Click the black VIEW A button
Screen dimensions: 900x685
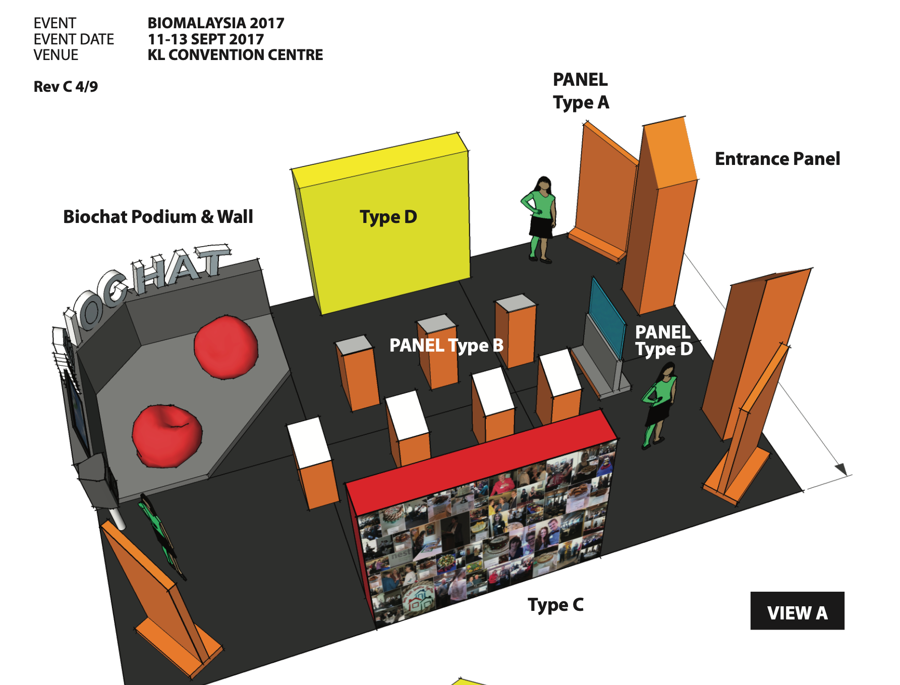[797, 611]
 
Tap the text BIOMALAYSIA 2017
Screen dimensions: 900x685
[216, 23]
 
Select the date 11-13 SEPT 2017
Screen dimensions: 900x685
[206, 39]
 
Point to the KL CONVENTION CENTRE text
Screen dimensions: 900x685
[235, 55]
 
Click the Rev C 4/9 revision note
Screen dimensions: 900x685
[66, 87]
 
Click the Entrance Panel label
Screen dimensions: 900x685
[777, 159]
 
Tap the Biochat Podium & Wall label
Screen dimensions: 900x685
[158, 217]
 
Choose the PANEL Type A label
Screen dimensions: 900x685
[581, 91]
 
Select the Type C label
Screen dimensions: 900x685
[555, 605]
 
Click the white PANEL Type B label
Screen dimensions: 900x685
[446, 346]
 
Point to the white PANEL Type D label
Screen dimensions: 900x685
[663, 340]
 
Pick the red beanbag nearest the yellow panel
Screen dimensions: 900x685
[226, 347]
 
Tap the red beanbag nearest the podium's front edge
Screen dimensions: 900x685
[166, 435]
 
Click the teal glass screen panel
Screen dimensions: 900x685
[607, 318]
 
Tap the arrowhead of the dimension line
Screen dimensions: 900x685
[841, 470]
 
